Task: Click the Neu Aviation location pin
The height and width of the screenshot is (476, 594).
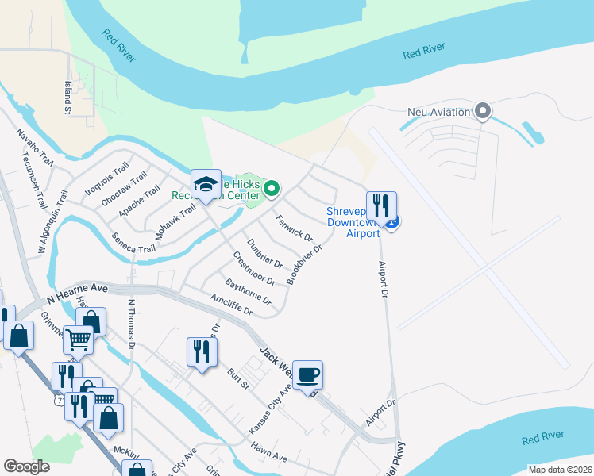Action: (x=482, y=111)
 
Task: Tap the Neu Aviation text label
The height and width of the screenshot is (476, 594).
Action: (x=438, y=112)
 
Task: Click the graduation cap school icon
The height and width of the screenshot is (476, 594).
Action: (x=206, y=184)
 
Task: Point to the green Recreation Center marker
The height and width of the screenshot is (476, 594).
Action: (x=272, y=189)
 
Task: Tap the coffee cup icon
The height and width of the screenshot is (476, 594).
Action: (x=307, y=374)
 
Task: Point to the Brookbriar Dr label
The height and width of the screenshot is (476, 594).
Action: (x=304, y=264)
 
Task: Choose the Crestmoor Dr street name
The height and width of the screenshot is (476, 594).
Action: (x=253, y=269)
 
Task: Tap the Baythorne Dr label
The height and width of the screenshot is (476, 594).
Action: (x=248, y=291)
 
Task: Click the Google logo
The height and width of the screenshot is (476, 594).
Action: (x=27, y=466)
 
